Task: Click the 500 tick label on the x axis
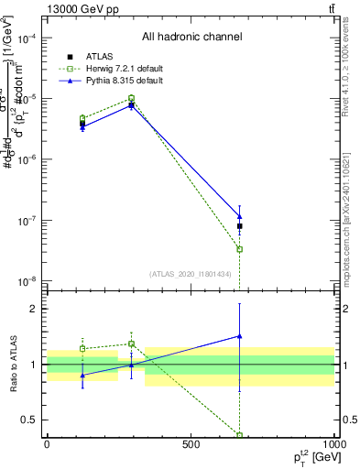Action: (191, 444)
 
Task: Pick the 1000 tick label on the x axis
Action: (333, 444)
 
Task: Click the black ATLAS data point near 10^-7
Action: (239, 225)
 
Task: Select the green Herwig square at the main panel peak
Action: (132, 98)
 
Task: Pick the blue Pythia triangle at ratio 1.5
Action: (239, 336)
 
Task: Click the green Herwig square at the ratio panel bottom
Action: (239, 435)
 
